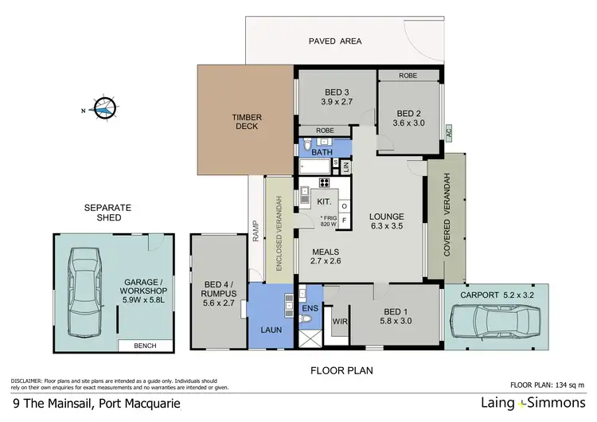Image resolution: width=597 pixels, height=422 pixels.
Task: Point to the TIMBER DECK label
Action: click(x=247, y=121)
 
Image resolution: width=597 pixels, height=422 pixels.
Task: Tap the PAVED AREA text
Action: click(x=335, y=41)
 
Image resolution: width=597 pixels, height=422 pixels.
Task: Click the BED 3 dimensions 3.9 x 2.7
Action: click(x=335, y=102)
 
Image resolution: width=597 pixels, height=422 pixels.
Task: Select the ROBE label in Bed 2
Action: click(x=408, y=76)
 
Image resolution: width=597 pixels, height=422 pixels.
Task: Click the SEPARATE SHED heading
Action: click(x=107, y=213)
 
